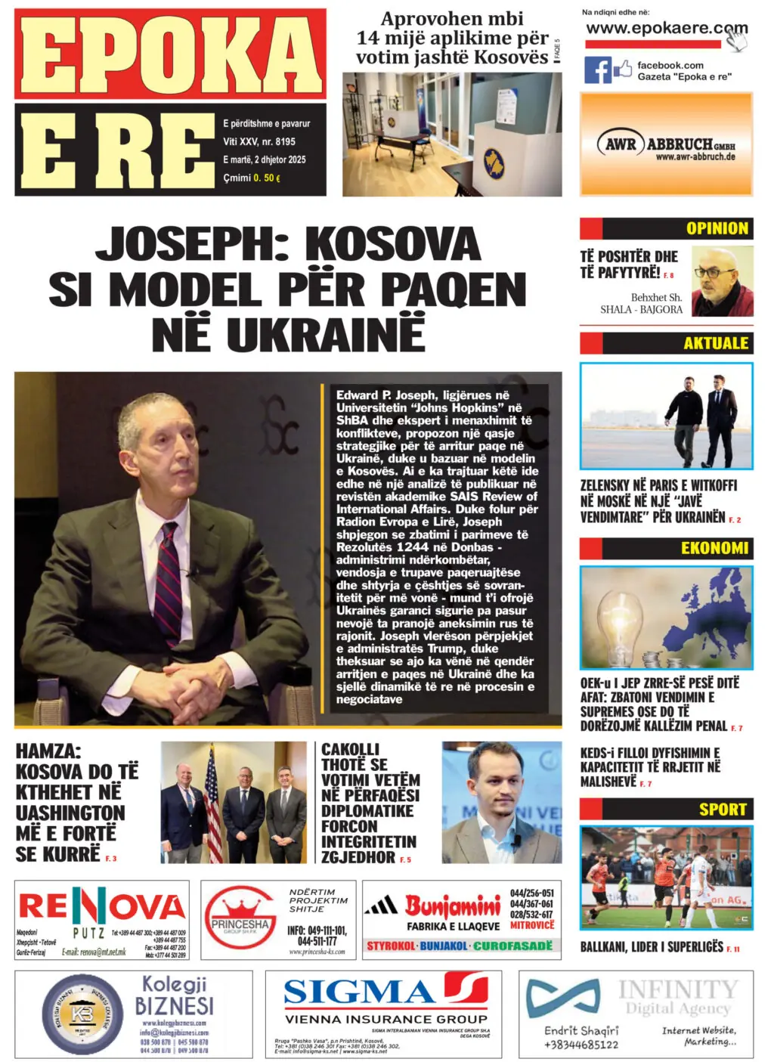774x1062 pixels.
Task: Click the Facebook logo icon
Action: tap(598, 70)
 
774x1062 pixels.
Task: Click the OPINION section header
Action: tap(717, 228)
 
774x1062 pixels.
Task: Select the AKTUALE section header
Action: tap(715, 343)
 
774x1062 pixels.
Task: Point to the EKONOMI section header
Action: tap(714, 548)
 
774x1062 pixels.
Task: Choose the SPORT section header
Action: tap(722, 810)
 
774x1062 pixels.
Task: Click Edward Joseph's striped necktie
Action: tap(168, 574)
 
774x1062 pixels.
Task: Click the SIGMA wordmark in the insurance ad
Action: tap(361, 991)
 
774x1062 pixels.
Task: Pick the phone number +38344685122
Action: tap(580, 1045)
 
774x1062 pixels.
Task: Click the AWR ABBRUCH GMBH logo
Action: tap(667, 144)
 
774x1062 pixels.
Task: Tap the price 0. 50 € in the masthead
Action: tap(267, 178)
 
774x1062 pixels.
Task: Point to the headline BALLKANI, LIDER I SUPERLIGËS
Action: tap(652, 947)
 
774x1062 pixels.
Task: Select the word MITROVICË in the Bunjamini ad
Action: tap(531, 925)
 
